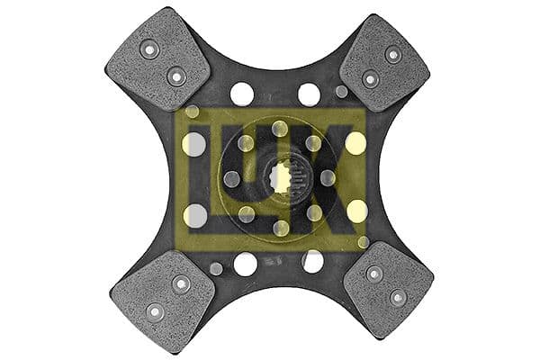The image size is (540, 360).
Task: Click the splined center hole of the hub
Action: pos(281,178)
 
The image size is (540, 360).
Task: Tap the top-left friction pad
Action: pos(157,61)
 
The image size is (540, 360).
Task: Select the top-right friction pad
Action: pos(384,63)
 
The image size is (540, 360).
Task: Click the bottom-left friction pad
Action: pos(163,299)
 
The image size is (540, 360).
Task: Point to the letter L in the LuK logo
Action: pos(202,179)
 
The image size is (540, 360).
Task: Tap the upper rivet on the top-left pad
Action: pos(149,50)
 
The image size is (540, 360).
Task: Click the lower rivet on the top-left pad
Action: pos(176,76)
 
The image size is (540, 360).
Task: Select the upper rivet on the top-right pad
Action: pos(393,54)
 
